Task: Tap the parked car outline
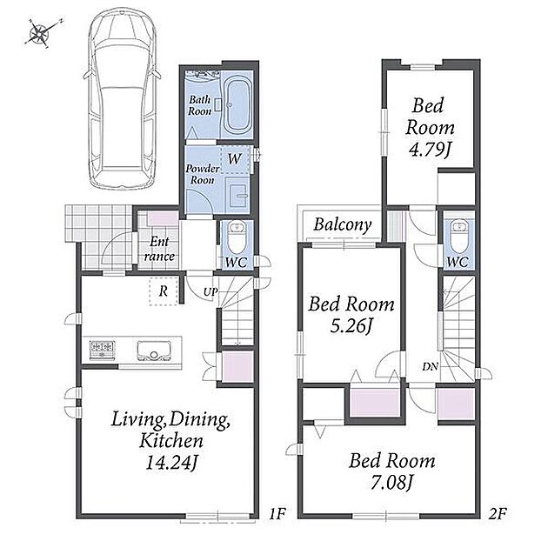[122, 99]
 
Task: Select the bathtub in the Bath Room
[237, 106]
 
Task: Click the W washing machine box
[236, 159]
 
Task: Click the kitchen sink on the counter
[154, 351]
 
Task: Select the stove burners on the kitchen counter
[103, 349]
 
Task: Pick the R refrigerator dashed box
[164, 291]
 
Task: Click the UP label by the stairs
[211, 291]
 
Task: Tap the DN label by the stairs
[431, 366]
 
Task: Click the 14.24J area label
[171, 463]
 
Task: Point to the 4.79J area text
[430, 150]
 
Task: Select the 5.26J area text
[351, 326]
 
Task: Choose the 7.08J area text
[391, 483]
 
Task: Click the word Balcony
[343, 224]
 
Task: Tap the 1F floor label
[277, 514]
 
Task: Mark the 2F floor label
[498, 514]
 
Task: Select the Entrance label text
[159, 249]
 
